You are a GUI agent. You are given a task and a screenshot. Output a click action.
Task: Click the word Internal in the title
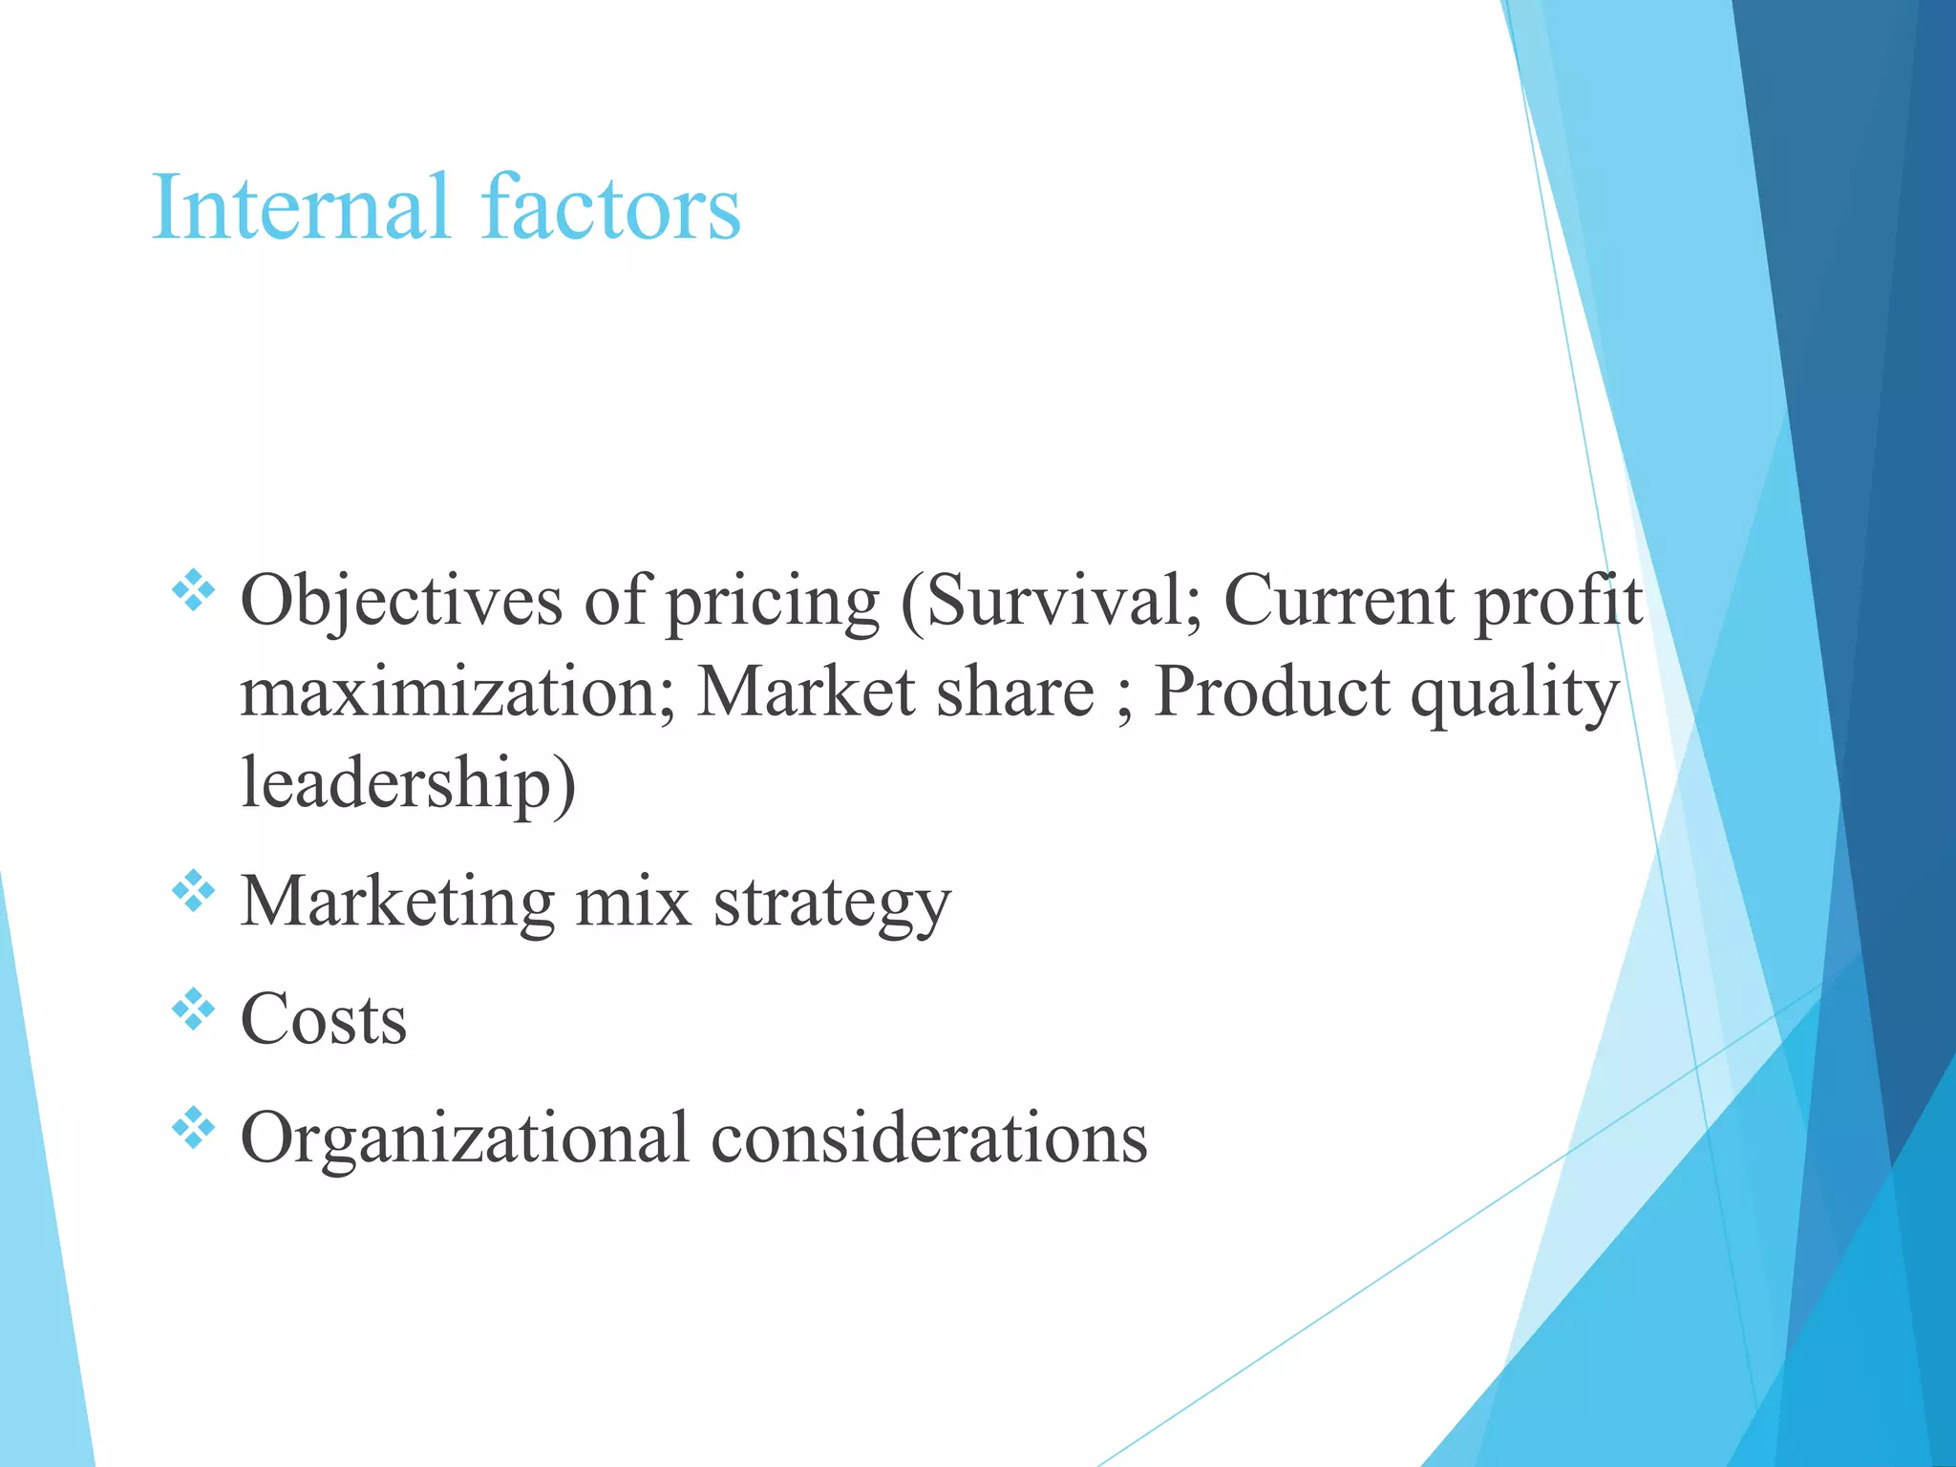(300, 207)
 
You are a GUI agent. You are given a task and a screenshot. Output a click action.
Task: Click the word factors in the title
(611, 207)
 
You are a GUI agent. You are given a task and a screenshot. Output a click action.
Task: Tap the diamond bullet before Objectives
(193, 590)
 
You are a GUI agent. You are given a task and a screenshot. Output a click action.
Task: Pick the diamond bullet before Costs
(193, 1010)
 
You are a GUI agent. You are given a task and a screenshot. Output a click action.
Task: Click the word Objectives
(401, 602)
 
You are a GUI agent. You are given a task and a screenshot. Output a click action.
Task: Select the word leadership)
(408, 783)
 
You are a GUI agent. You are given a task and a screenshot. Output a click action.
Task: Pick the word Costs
(324, 1019)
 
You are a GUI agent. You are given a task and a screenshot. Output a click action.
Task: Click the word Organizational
(464, 1139)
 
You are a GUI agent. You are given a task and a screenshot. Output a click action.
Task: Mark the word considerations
(928, 1137)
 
